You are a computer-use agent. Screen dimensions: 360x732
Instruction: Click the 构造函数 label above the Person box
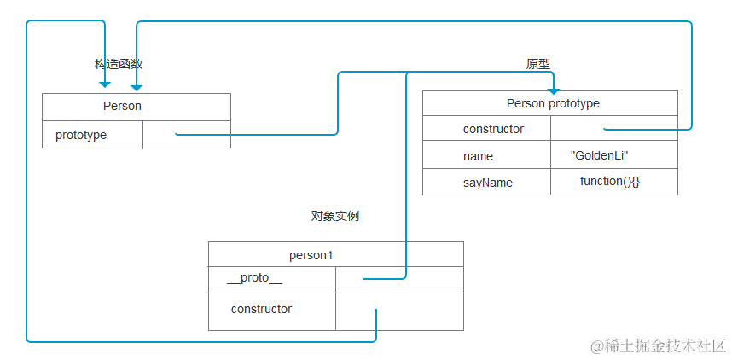point(118,65)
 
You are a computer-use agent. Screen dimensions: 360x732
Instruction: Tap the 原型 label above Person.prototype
point(537,65)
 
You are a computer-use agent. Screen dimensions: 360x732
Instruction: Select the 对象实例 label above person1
point(334,217)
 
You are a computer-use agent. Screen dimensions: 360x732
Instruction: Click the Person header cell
point(137,107)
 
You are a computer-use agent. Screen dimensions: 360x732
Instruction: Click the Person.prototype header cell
point(550,103)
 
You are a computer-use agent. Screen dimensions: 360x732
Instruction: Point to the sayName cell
point(487,183)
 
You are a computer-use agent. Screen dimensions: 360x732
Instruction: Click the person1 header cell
point(335,255)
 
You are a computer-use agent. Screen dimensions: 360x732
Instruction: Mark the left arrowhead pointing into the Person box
point(105,85)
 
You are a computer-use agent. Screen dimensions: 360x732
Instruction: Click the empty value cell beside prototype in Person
point(186,135)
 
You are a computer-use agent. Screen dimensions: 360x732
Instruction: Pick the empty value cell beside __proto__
point(399,280)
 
